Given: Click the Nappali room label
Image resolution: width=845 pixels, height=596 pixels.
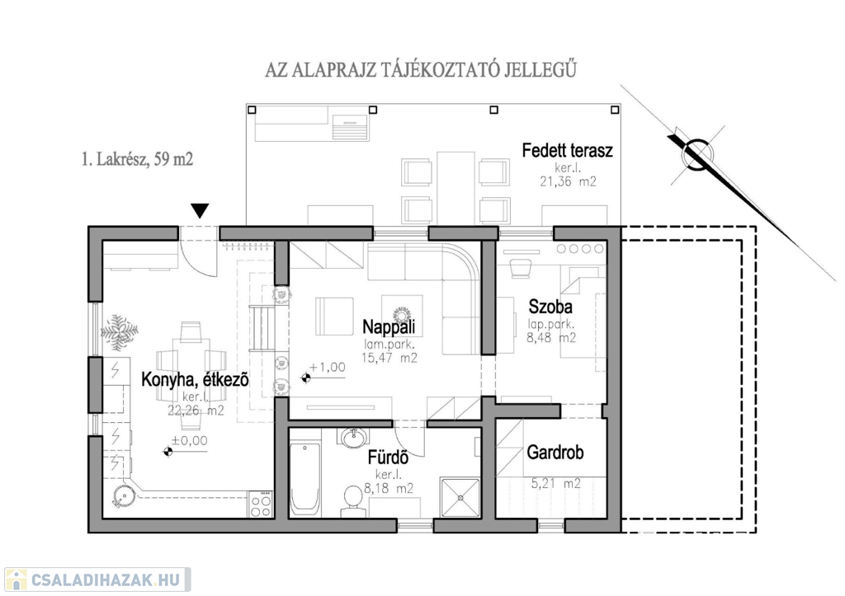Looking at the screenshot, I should coord(389,327).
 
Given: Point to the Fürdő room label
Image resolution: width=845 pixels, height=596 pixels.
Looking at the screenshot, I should coord(388,460).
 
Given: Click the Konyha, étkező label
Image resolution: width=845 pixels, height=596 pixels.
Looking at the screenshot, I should coord(196,380).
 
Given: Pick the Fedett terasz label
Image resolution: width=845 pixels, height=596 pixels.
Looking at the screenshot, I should coord(568,150).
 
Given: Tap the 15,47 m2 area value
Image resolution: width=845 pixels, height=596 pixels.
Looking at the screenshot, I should coord(389,358).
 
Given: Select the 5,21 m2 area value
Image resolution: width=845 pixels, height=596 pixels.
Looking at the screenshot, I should coord(555,484).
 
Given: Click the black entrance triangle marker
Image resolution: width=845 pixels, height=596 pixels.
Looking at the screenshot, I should coord(199,212).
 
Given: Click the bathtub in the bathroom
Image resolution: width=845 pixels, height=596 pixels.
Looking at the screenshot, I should coord(304,476).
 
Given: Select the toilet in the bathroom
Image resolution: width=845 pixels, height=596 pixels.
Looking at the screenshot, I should coord(353,498).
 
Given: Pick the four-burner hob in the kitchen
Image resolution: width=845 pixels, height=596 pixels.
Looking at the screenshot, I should coord(261,504).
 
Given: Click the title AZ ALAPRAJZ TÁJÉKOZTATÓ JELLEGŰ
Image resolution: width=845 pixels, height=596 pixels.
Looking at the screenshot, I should coord(420,69).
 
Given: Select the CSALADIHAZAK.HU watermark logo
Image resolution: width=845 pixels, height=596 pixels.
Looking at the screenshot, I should coord(97,580).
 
